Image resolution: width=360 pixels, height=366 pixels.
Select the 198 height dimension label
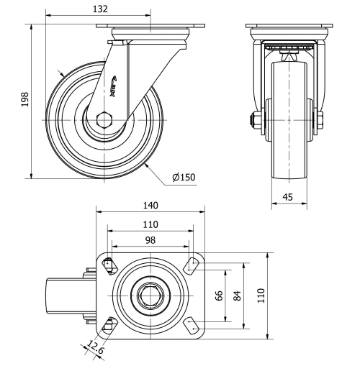(24, 99)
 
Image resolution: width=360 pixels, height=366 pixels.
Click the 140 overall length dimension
(150, 205)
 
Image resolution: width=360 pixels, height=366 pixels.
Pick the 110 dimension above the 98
(150, 223)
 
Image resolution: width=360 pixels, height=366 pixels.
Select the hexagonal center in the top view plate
(150, 295)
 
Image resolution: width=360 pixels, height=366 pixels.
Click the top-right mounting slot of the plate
(192, 266)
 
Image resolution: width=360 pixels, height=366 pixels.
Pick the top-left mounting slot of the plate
(109, 265)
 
